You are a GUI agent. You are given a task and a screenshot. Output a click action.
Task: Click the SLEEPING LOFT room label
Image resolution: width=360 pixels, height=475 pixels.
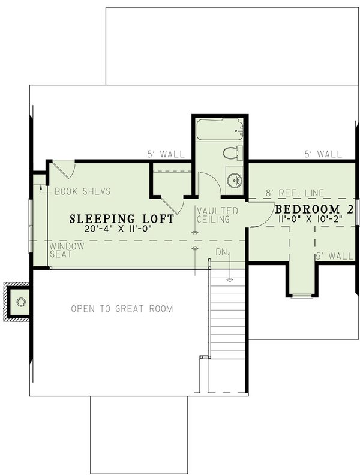click(x=122, y=219)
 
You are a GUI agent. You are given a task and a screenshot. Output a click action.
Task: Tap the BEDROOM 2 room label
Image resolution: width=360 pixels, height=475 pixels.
click(x=311, y=209)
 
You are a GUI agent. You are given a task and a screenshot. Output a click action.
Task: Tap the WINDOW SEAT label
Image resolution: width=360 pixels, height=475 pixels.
click(x=67, y=250)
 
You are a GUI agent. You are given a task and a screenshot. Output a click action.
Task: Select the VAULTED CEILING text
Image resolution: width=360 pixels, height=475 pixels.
click(x=217, y=215)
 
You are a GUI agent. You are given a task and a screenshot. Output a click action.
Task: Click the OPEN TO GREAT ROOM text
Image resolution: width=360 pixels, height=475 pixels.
click(x=122, y=309)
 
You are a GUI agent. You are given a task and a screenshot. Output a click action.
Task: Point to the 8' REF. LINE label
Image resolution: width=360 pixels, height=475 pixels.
click(x=295, y=193)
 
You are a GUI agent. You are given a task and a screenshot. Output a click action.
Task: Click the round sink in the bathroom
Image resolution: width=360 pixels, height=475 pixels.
click(x=233, y=179)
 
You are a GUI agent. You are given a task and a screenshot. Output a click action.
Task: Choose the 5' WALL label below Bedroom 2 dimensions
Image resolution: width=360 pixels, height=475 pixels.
click(x=334, y=256)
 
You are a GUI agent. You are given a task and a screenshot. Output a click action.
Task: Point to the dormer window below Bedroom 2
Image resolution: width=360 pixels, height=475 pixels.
click(x=302, y=296)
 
